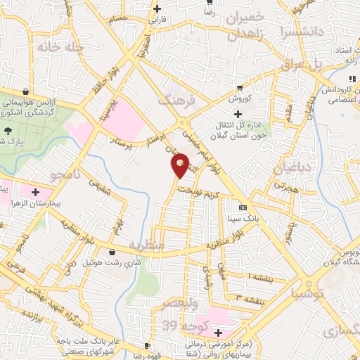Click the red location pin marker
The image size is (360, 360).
(181, 167)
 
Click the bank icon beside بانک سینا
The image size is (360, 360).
(243, 207)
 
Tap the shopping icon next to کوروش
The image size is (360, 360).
(240, 87)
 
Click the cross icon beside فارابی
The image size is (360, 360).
(156, 8)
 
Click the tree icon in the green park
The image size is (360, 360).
(8, 131)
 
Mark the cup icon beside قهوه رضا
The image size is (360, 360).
(147, 345)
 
